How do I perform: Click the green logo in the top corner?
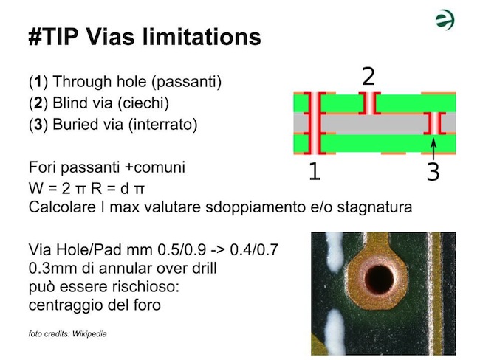tap(445, 20)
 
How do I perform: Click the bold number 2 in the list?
tap(38, 103)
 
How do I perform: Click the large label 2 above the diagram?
tap(368, 77)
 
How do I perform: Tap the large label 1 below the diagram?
tap(315, 171)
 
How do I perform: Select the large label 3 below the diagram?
tap(433, 171)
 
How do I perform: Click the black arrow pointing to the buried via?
tap(433, 149)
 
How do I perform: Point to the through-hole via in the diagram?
tap(315, 123)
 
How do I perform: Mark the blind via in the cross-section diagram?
tap(370, 103)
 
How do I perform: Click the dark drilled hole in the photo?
tap(379, 278)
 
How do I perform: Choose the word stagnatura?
tap(374, 207)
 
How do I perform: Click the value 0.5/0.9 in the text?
tap(182, 249)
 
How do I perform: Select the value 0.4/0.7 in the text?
tap(254, 249)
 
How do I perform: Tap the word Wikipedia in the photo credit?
tap(89, 333)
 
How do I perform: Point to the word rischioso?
tap(148, 287)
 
